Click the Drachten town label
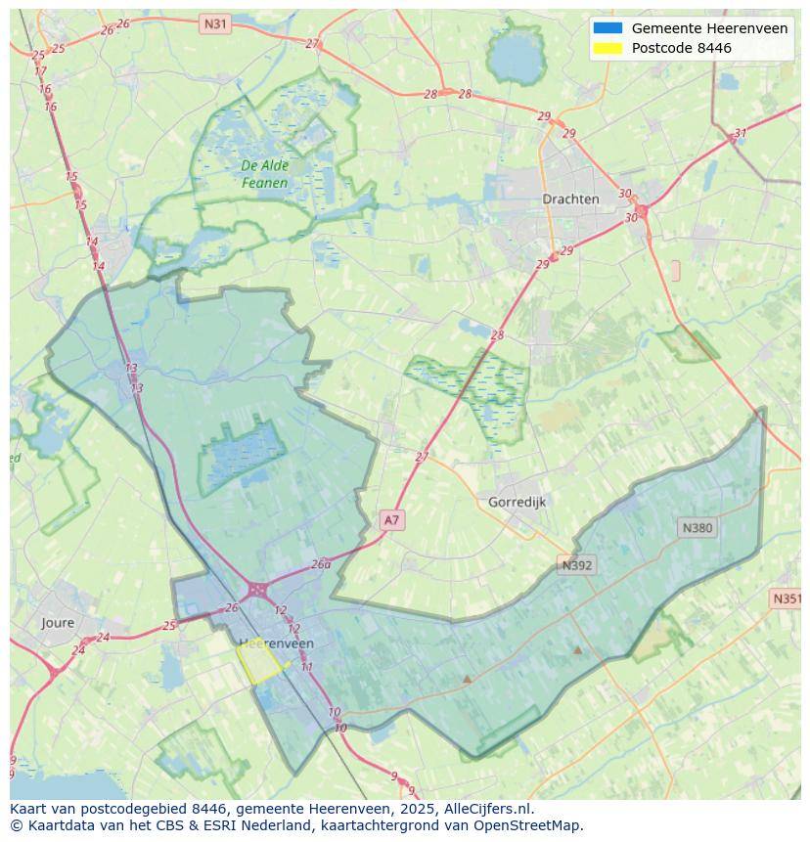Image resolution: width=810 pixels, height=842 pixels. (570, 199)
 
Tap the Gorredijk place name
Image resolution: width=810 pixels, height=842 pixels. (517, 502)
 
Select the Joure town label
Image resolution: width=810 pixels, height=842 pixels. (58, 623)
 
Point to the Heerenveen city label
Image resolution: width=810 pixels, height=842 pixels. (276, 643)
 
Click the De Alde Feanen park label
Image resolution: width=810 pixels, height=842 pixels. (265, 174)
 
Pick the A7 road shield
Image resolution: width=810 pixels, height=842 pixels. (391, 520)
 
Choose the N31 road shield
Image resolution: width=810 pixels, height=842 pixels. (214, 22)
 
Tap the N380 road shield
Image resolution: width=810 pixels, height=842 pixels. (697, 528)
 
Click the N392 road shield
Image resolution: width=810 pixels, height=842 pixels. (576, 565)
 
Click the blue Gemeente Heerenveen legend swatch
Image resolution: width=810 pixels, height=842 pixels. (607, 28)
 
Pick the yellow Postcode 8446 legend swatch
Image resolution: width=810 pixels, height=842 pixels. (607, 48)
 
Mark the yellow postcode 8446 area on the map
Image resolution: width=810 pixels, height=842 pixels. (259, 663)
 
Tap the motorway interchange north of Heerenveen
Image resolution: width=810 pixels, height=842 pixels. (258, 590)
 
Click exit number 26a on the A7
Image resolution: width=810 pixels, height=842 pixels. (321, 565)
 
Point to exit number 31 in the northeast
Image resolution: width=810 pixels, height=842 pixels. (741, 134)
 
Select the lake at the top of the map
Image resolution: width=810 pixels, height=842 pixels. (516, 58)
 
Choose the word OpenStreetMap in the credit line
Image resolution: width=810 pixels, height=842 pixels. (527, 825)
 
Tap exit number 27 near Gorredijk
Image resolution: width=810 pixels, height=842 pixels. (422, 457)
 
